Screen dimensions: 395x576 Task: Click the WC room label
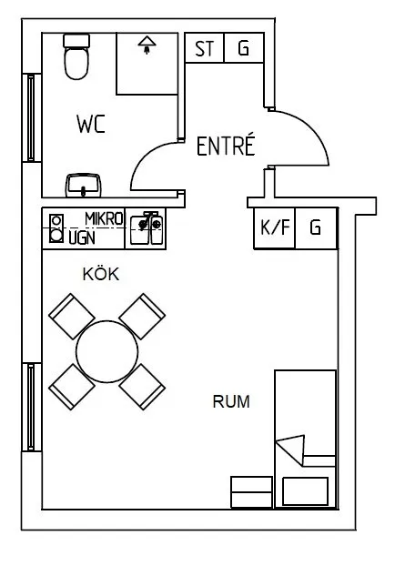point(91,124)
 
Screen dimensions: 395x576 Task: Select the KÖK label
point(101,274)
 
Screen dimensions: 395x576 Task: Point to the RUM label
point(231,401)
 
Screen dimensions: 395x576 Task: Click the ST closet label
point(204,48)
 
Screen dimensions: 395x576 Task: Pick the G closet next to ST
point(243,47)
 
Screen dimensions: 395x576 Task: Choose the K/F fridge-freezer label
point(275,227)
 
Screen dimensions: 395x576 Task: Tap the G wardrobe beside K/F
point(316,227)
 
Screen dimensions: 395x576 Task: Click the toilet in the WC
point(76,56)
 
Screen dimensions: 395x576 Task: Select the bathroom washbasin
point(84,185)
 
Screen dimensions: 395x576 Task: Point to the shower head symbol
point(147,45)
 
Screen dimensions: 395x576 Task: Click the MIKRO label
point(104,219)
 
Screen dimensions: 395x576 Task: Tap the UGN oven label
point(82,238)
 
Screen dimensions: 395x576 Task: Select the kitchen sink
point(146,228)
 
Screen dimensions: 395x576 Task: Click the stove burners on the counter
point(56,228)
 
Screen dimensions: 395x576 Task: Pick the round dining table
point(106,351)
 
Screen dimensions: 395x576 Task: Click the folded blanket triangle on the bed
point(293,449)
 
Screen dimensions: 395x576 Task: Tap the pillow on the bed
point(305,491)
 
